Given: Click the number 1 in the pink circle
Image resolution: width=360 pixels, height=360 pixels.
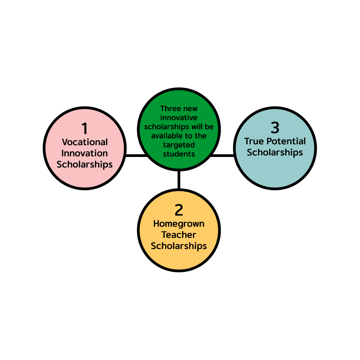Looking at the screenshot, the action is (85, 128).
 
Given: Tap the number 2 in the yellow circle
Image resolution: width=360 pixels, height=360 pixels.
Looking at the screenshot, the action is (179, 210).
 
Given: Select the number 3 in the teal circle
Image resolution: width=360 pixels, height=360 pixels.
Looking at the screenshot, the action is (275, 128).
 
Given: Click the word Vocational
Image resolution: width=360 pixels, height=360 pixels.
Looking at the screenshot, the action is (85, 142).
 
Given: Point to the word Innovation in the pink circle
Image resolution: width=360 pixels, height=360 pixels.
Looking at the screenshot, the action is (85, 153).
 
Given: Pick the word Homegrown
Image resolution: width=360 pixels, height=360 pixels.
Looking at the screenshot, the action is (179, 224).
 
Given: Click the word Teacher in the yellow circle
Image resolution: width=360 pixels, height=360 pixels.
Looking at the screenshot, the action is (179, 235).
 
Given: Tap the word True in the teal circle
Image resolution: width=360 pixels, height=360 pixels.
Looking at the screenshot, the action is (254, 141).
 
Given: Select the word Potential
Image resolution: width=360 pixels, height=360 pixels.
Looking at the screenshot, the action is (286, 141).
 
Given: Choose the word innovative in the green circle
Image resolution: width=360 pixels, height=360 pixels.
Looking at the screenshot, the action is (179, 118).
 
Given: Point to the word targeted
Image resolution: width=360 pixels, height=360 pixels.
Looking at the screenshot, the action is (179, 145).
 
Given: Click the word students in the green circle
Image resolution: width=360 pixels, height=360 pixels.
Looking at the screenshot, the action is (179, 154).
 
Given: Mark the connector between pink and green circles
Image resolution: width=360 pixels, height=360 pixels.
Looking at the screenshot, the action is (137, 156).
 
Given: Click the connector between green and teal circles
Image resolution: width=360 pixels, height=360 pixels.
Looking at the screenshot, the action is (222, 156).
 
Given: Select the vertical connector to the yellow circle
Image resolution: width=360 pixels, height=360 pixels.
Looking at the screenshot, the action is (179, 180).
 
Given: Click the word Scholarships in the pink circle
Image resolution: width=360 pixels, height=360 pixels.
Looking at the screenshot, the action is (85, 164).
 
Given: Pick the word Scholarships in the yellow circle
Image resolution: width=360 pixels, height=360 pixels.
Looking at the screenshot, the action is (179, 246).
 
